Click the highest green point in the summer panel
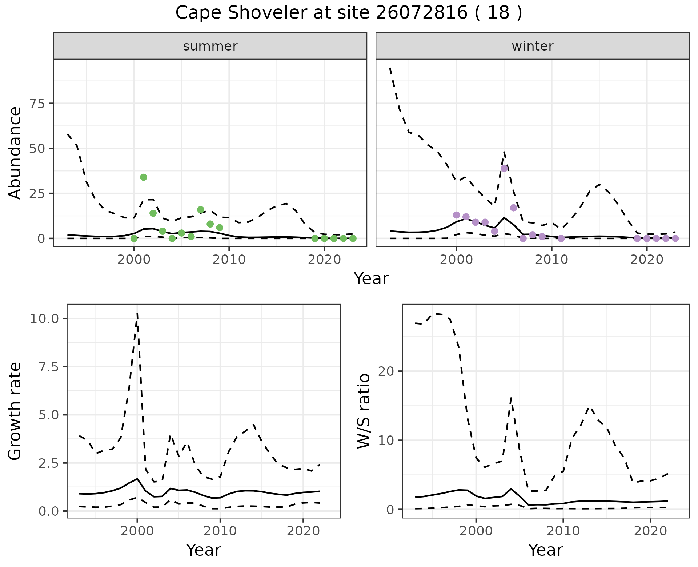[x=144, y=177]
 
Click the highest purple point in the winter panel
[x=504, y=168]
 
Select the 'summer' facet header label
[x=210, y=46]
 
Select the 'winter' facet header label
[x=532, y=46]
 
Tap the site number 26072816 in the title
[x=422, y=13]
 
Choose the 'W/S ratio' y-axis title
[x=364, y=411]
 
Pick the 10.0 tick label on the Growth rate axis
[x=45, y=319]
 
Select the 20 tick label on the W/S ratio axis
[x=386, y=371]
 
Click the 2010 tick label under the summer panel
[x=229, y=260]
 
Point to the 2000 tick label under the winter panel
[x=456, y=260]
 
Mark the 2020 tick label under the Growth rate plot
[x=303, y=531]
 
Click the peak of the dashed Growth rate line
[x=137, y=313]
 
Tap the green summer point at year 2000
[x=134, y=238]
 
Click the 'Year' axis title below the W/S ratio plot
[x=545, y=550]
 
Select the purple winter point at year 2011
[x=561, y=238]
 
